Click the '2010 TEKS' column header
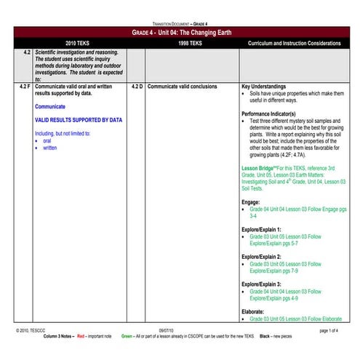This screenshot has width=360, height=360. pos(75,44)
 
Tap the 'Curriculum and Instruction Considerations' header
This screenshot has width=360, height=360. pos(294,44)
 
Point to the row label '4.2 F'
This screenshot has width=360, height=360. pos(25,86)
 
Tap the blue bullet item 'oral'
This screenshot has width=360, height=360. pos(47,140)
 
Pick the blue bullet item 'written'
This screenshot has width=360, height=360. pos(49,148)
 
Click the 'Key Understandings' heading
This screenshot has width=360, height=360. pos(268,86)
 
